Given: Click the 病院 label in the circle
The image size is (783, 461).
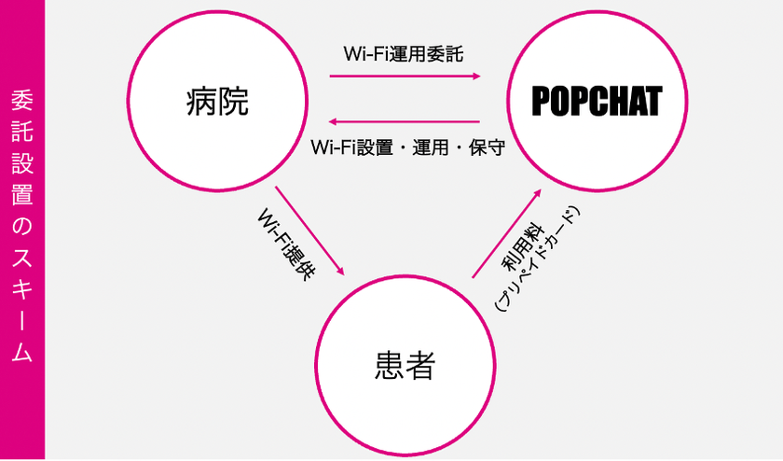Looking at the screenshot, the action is pyautogui.click(x=217, y=102).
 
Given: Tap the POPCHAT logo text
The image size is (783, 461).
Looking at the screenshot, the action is pyautogui.click(x=597, y=101).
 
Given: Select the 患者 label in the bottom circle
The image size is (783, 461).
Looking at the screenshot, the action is pyautogui.click(x=405, y=365).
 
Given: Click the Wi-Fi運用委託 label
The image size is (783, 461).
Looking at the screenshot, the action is pyautogui.click(x=404, y=54).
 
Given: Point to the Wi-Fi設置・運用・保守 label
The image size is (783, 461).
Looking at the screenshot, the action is pyautogui.click(x=408, y=147).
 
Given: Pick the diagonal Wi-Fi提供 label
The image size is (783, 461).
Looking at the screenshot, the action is pyautogui.click(x=286, y=244).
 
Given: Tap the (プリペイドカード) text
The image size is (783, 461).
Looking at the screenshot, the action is pyautogui.click(x=536, y=259).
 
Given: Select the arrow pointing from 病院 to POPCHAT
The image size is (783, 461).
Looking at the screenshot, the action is pyautogui.click(x=405, y=76).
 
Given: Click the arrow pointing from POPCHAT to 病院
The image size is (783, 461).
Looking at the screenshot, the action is pyautogui.click(x=404, y=121).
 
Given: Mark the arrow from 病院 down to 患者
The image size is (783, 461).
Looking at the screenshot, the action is pyautogui.click(x=309, y=231).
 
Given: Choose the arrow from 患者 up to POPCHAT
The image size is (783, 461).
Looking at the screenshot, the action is pyautogui.click(x=507, y=233).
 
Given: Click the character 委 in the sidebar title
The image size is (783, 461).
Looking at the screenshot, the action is pyautogui.click(x=22, y=100).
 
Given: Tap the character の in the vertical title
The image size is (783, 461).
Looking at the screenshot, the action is pyautogui.click(x=22, y=227).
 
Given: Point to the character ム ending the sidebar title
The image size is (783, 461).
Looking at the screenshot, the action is pyautogui.click(x=22, y=352).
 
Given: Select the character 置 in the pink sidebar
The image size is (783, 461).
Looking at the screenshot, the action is pyautogui.click(x=22, y=195).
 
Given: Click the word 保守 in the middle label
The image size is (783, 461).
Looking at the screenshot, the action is pyautogui.click(x=487, y=148).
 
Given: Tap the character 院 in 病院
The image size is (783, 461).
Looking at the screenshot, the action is pyautogui.click(x=233, y=102).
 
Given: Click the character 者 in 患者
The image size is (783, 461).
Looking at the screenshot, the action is pyautogui.click(x=420, y=365).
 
